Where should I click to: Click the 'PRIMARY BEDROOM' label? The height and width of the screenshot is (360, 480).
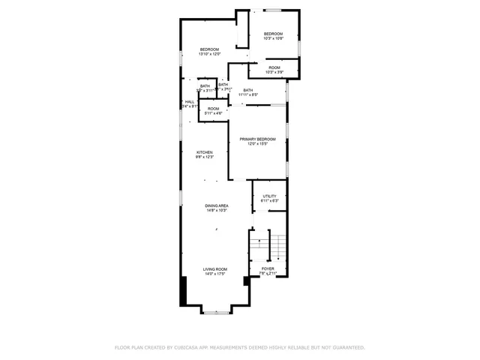pyautogui.click(x=257, y=139)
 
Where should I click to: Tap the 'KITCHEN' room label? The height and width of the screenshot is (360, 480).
pyautogui.click(x=205, y=152)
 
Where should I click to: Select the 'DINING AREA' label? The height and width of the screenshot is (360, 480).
pyautogui.click(x=217, y=205)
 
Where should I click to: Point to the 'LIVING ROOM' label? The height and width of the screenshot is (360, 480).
pyautogui.click(x=214, y=268)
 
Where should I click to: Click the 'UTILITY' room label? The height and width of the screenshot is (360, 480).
pyautogui.click(x=269, y=196)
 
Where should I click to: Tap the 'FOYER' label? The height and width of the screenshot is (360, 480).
pyautogui.click(x=268, y=268)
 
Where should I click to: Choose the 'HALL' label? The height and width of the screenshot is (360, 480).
pyautogui.click(x=190, y=102)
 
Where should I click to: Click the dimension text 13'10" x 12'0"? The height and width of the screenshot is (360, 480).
pyautogui.click(x=208, y=54)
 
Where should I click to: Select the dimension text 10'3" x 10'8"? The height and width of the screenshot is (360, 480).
pyautogui.click(x=273, y=38)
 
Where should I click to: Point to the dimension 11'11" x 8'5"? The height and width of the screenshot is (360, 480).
pyautogui.click(x=248, y=94)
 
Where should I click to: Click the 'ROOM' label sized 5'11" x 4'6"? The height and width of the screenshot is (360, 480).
pyautogui.click(x=214, y=109)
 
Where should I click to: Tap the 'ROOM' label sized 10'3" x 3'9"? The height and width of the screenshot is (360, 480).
pyautogui.click(x=274, y=67)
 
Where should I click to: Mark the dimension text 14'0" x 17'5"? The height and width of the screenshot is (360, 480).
pyautogui.click(x=214, y=274)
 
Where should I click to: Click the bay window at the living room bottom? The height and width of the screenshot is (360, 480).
pyautogui.click(x=217, y=312)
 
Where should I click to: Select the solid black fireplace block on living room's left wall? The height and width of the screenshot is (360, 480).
pyautogui.click(x=183, y=291)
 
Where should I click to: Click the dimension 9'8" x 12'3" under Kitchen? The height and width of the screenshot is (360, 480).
pyautogui.click(x=205, y=157)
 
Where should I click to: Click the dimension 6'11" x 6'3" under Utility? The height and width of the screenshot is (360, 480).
pyautogui.click(x=269, y=201)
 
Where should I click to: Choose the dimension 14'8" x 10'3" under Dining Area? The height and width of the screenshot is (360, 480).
pyautogui.click(x=217, y=211)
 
